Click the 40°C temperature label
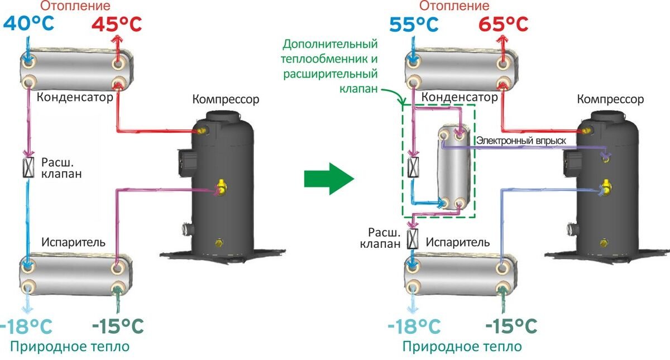[x=31, y=24]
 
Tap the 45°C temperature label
[x=117, y=24]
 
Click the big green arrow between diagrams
[x=329, y=179]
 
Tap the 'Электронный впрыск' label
[x=520, y=141]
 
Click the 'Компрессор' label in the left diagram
[x=226, y=100]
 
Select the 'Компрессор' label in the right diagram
[x=610, y=99]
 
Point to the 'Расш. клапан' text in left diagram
[x=61, y=168]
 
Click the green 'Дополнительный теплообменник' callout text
[x=331, y=66]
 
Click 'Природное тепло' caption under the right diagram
[x=462, y=346]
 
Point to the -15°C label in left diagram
[x=118, y=324]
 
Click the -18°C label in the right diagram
[x=414, y=324]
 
